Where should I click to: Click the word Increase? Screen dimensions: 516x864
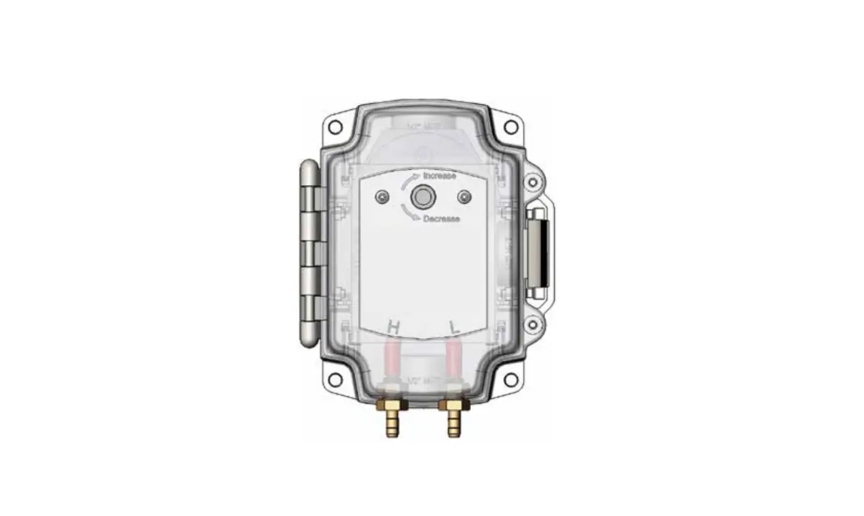(440, 176)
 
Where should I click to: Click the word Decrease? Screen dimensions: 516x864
(441, 219)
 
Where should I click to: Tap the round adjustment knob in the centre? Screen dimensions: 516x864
(421, 198)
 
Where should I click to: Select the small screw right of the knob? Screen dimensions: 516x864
(464, 198)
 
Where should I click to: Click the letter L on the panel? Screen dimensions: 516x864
(455, 327)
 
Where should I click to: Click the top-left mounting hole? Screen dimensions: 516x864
(335, 127)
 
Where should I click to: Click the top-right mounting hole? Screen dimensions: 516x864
(511, 127)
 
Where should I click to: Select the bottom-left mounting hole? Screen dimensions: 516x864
(335, 379)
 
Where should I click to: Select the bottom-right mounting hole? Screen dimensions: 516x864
(511, 379)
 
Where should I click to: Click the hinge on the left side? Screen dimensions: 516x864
(309, 252)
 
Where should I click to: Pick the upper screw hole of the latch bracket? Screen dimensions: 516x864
(533, 182)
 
